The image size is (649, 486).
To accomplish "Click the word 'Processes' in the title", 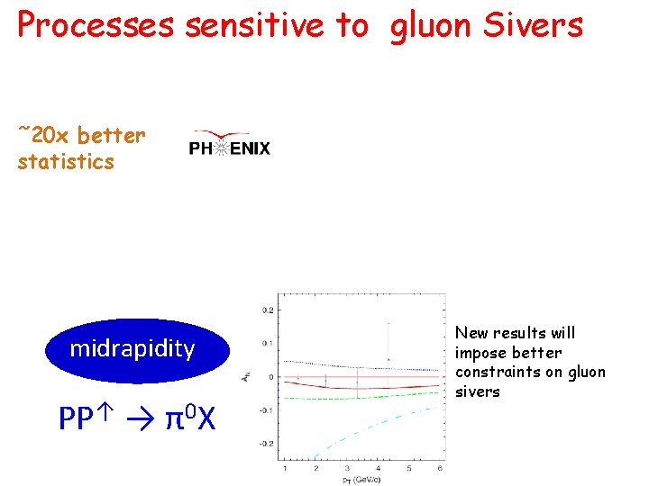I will [96, 26].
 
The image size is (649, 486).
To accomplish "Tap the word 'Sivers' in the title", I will [533, 25].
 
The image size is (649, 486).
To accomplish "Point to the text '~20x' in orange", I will [44, 136].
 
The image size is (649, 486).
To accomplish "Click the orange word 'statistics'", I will [66, 162].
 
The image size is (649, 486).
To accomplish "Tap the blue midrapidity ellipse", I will [133, 349].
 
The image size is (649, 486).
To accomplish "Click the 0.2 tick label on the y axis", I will [268, 310].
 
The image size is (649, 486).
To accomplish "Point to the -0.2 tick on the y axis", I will [267, 444].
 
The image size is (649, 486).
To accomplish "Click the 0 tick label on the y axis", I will [271, 377].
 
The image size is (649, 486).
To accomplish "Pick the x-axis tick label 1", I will [285, 469].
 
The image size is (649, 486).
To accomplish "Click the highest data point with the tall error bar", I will [388, 359].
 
